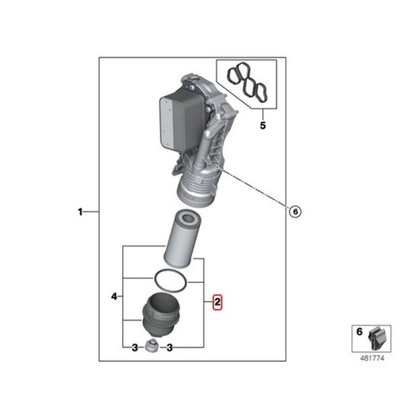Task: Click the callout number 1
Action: (80, 212)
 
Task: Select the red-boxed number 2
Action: (217, 302)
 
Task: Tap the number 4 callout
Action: (114, 296)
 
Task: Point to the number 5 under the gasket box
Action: (262, 125)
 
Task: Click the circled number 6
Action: (295, 212)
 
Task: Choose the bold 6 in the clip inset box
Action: (359, 331)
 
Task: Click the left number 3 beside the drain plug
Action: (135, 348)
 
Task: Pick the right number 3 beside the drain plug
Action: (170, 348)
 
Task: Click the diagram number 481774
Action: (372, 358)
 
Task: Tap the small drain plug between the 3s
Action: (152, 346)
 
